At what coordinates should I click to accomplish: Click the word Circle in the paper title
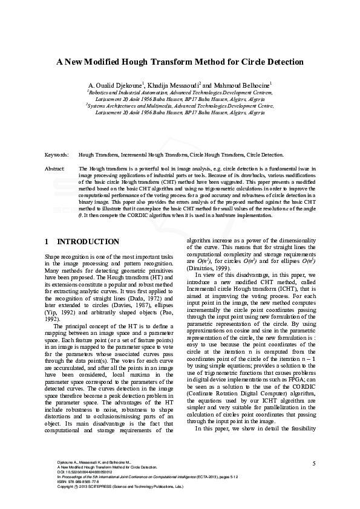tap(253, 62)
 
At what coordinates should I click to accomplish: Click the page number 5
tap(314, 463)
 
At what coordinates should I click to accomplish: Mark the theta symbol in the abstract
tap(80, 215)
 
